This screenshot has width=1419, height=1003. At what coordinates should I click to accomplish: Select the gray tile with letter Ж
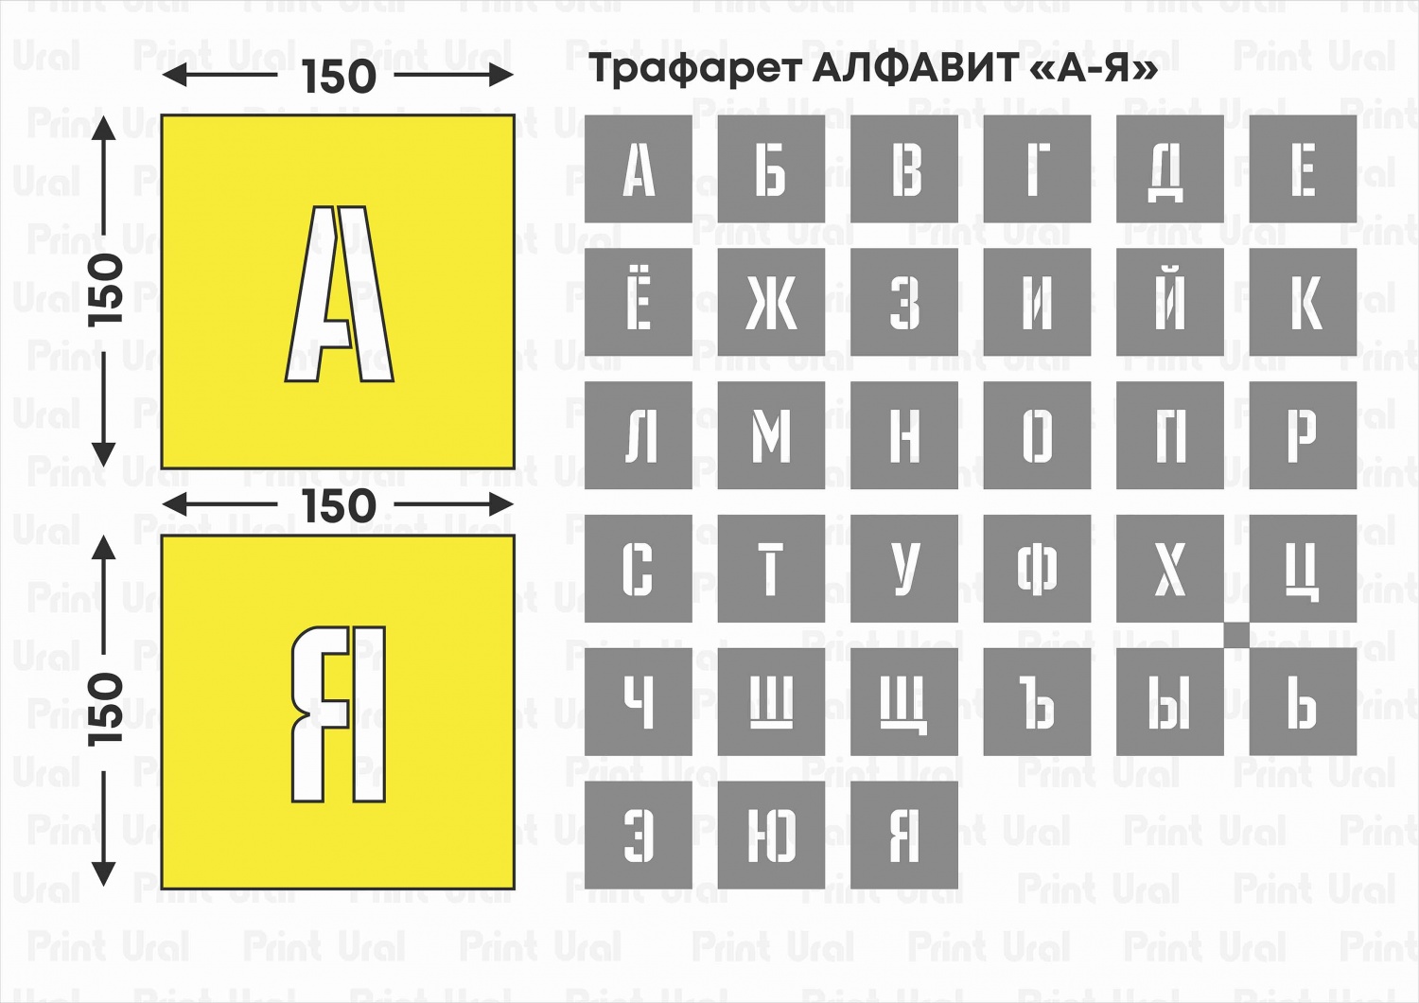pos(771,303)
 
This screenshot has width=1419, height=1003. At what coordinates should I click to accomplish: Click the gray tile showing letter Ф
pos(1037,569)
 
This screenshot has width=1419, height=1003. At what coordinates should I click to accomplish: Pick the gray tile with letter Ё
pos(639,303)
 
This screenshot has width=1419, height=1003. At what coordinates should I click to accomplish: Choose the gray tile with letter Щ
pos(904,701)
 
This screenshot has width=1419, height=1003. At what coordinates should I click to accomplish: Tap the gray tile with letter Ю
pos(771,835)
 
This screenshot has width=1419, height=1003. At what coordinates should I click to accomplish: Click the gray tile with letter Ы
pos(1170,701)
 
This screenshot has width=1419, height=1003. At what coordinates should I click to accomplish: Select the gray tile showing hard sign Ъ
pos(1037,701)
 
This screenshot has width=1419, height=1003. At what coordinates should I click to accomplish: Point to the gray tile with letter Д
pos(1170,169)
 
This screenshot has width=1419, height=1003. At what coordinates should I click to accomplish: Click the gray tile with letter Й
pos(1170,303)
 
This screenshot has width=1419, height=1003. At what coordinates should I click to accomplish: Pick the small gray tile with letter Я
pos(904,835)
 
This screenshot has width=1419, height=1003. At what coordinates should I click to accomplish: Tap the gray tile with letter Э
pos(639,835)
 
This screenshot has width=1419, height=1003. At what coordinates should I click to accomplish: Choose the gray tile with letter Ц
pos(1303,569)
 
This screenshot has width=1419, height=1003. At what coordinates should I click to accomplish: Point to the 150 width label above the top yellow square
pos(339,77)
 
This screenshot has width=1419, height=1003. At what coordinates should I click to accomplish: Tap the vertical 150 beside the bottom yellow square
pos(106,710)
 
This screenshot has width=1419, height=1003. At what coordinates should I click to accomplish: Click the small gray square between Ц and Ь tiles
pos(1236,635)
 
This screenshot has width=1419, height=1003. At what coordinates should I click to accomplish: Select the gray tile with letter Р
pos(1303,435)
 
